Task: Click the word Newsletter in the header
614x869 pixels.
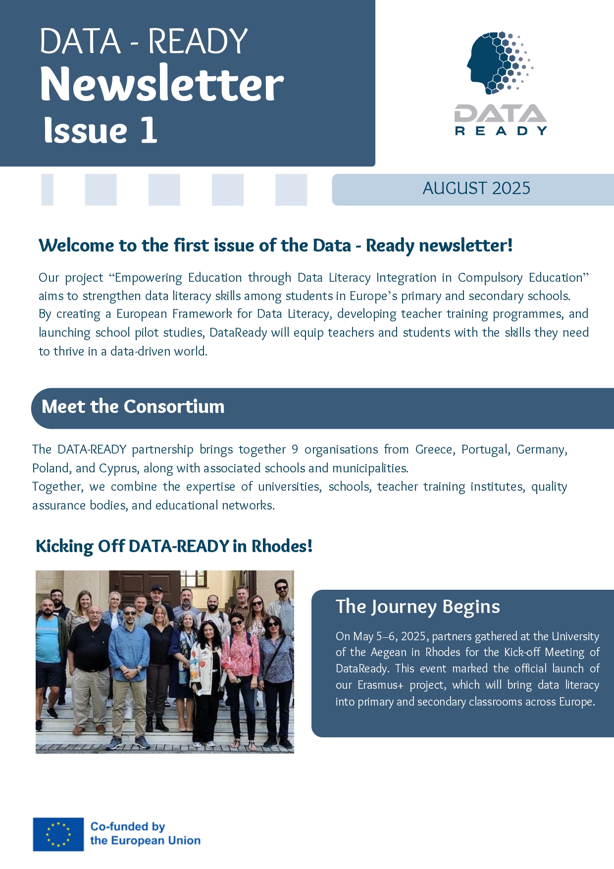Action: tap(161, 84)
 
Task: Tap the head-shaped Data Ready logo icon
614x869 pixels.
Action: tap(498, 62)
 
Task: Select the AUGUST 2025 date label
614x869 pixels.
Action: tap(476, 189)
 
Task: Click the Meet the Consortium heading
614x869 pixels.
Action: tap(133, 407)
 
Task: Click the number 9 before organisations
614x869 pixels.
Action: tap(295, 450)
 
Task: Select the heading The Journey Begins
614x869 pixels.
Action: tap(417, 607)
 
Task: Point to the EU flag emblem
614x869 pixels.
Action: tap(58, 834)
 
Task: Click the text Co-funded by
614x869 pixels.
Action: tap(127, 826)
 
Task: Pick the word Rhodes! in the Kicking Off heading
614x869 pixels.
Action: tap(282, 546)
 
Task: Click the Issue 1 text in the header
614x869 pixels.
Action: tap(101, 131)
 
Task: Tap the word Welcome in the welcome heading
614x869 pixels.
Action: tap(76, 246)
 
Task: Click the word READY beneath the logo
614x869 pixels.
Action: tap(501, 131)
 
